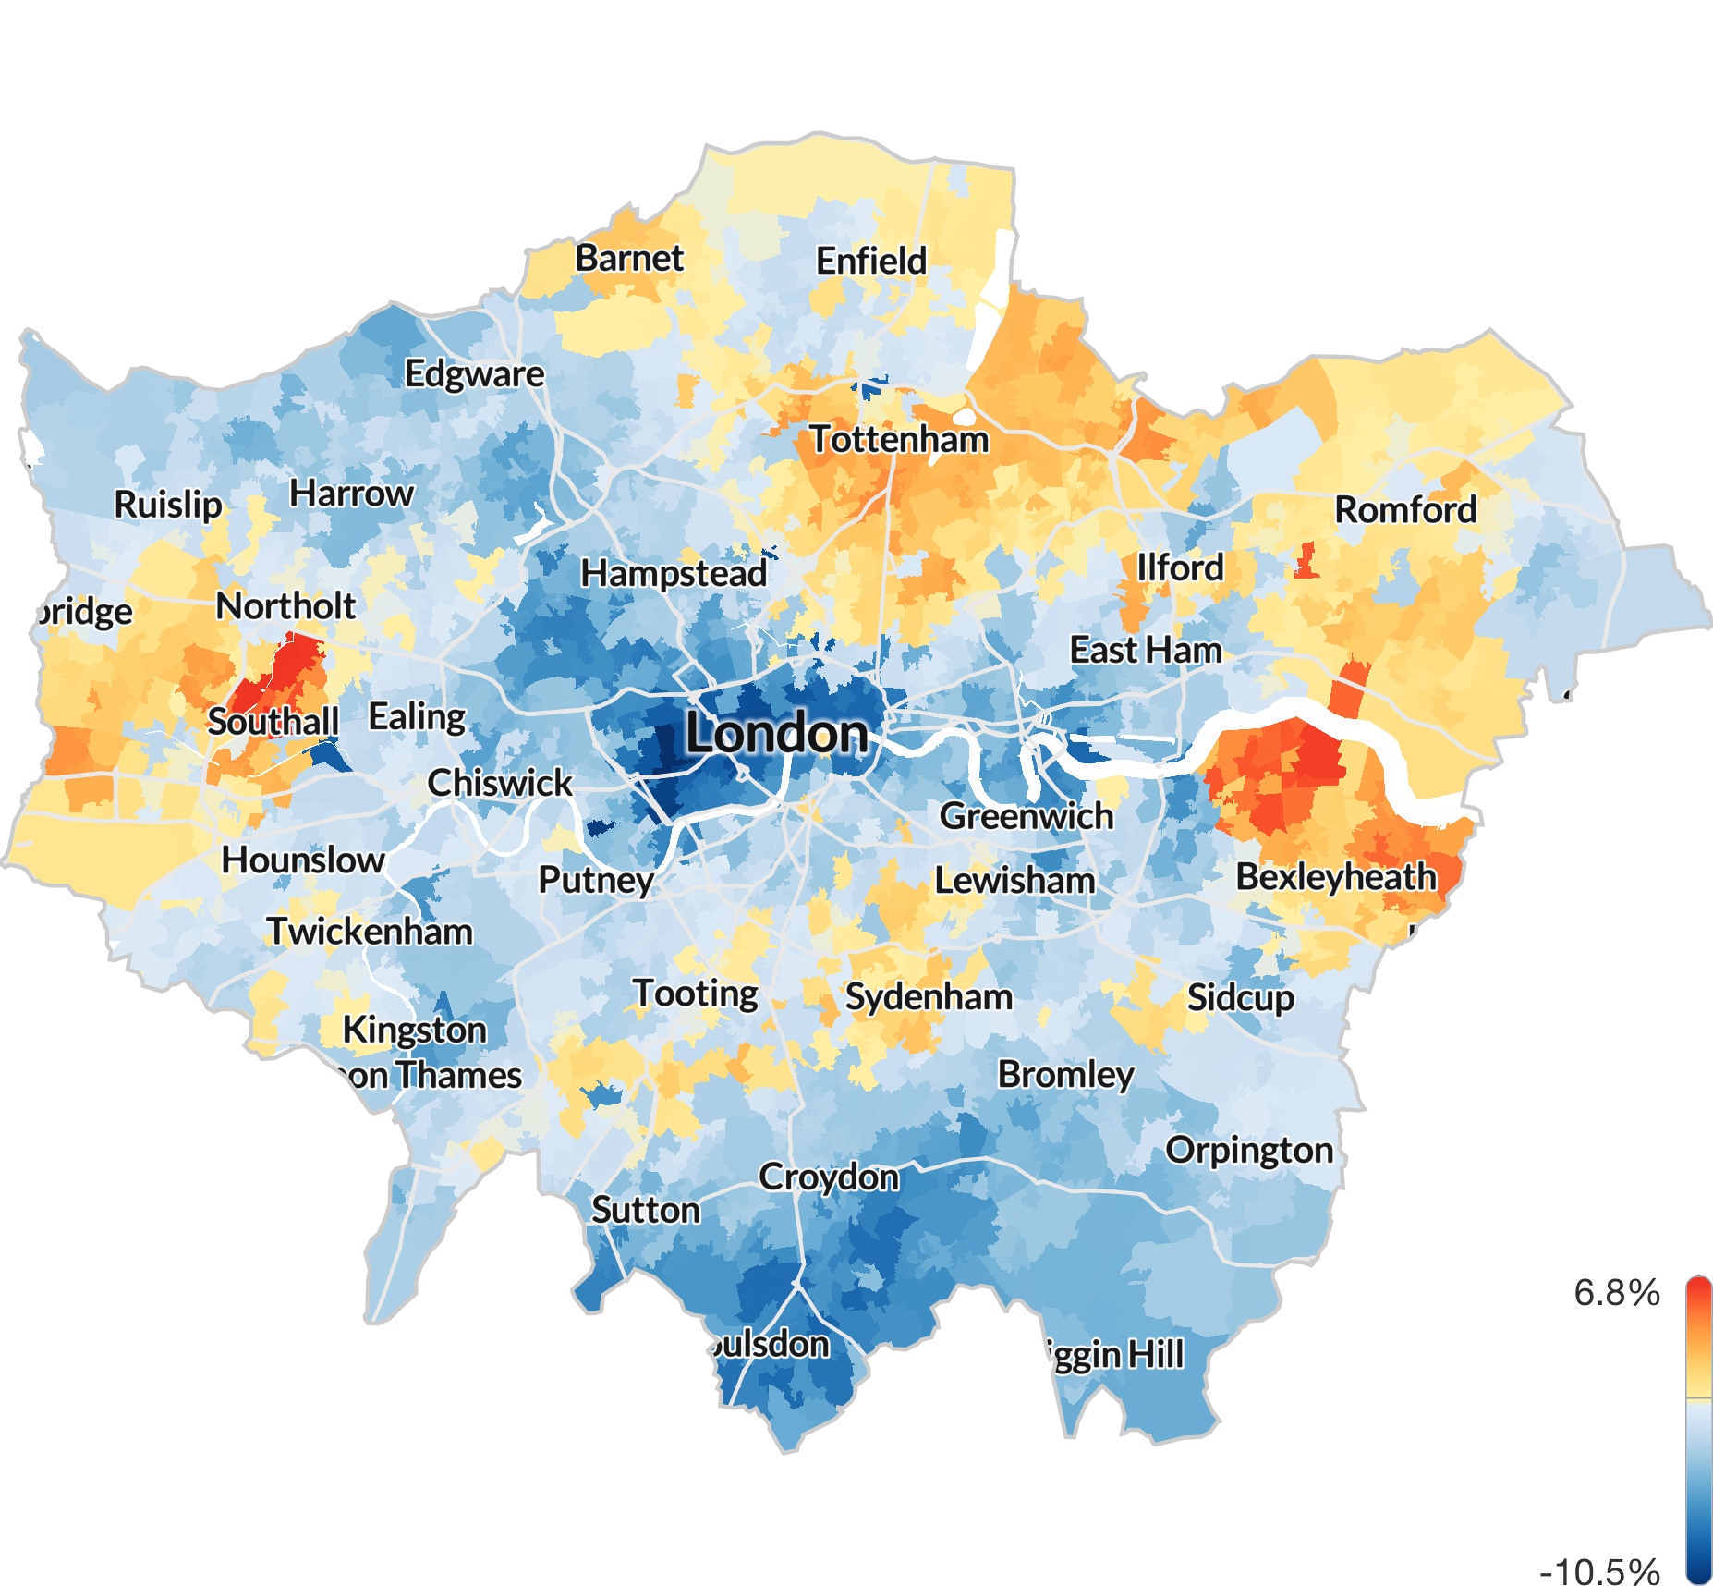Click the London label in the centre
point(777,734)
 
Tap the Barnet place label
point(629,258)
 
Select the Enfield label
point(870,261)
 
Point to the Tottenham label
point(899,439)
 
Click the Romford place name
point(1405,509)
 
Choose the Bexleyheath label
point(1336,876)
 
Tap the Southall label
point(273,721)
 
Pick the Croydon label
point(829,1177)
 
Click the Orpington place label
point(1249,1150)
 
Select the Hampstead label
point(674,573)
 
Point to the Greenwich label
point(1026,815)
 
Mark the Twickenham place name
point(370,931)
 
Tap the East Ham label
point(1146,650)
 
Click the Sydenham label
point(929,997)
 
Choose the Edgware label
point(474,373)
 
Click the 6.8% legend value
point(1616,1292)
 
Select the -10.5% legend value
point(1599,1570)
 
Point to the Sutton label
point(646,1210)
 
